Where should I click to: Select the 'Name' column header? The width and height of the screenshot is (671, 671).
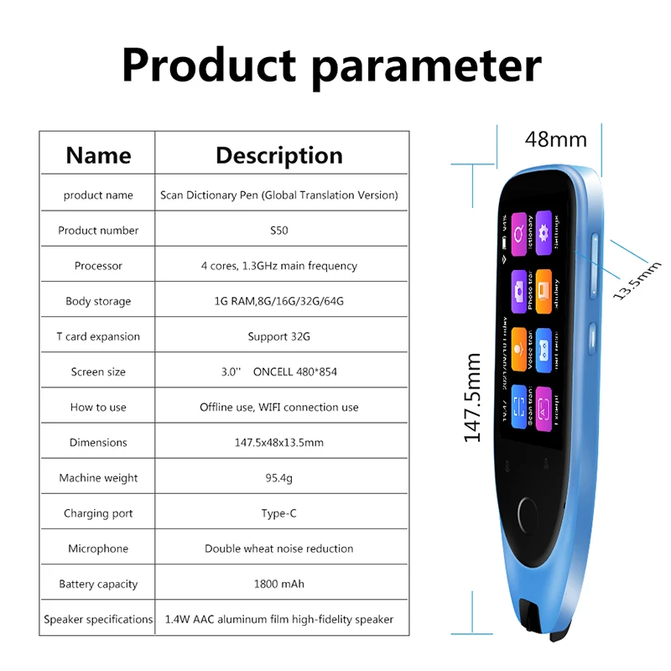coord(98,155)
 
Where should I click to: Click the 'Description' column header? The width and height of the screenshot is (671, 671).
coord(278,155)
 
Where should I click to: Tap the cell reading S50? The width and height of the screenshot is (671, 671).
coord(278,231)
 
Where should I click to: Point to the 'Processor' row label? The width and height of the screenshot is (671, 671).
coord(98,266)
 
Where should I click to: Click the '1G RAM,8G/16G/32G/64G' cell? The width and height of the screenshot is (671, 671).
coord(278,301)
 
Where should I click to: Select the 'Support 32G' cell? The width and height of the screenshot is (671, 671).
coord(278,336)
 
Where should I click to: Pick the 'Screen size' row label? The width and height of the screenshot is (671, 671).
coord(98,372)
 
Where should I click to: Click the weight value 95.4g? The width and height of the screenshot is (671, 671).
coord(278,478)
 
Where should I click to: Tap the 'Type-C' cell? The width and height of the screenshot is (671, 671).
coord(278,513)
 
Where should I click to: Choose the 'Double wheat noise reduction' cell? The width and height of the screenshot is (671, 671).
coord(278,549)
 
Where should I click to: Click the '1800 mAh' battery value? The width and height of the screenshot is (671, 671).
coord(278,584)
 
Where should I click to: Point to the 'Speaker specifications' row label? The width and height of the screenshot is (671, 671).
coord(98,619)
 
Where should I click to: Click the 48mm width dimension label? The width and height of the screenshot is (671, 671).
coord(555,138)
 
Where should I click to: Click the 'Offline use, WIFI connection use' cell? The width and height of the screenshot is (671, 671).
coord(278,407)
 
